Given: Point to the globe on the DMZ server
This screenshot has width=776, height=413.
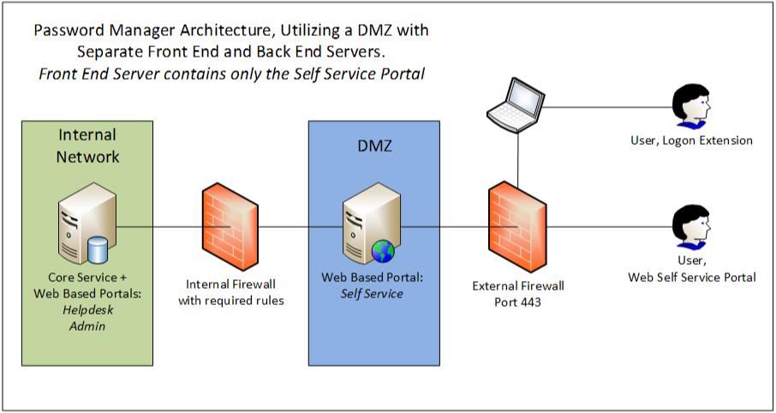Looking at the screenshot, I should (382, 251).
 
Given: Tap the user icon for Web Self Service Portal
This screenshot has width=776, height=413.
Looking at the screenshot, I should (690, 227).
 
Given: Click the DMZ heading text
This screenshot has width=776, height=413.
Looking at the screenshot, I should (373, 147).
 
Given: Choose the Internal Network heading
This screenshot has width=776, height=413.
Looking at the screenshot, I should (87, 146).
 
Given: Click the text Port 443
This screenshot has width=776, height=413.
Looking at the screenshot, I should (517, 302).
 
